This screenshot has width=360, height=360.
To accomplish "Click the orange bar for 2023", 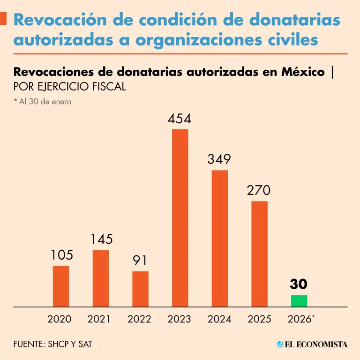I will pos(180,218).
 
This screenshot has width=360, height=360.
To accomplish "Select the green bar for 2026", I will pos(299,301).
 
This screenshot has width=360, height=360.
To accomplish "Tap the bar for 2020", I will pos(61,286).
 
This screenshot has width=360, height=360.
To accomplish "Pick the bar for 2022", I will pos(140,289).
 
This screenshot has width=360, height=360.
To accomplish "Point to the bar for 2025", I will pos(259,254).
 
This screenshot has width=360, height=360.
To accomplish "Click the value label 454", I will pos(180,120).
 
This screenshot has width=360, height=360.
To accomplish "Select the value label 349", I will pos(219,160).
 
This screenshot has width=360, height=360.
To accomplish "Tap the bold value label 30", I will pos(299,285).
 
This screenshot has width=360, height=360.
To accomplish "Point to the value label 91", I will pos(140,261).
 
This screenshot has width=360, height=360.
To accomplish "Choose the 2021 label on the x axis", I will pos(99,319).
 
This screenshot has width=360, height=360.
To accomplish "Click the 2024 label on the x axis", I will pos(219,319).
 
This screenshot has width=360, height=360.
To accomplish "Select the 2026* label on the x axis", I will pos(300,319).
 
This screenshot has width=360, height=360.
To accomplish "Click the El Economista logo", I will pos(312,345).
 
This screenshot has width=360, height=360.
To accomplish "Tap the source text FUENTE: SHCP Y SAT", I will pos(53,345).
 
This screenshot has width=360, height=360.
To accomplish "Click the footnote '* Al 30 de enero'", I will pos(43,101).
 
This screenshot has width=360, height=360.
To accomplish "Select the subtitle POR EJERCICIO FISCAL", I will pos(70,87).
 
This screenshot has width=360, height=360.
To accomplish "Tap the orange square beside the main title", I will pos(4,18).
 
